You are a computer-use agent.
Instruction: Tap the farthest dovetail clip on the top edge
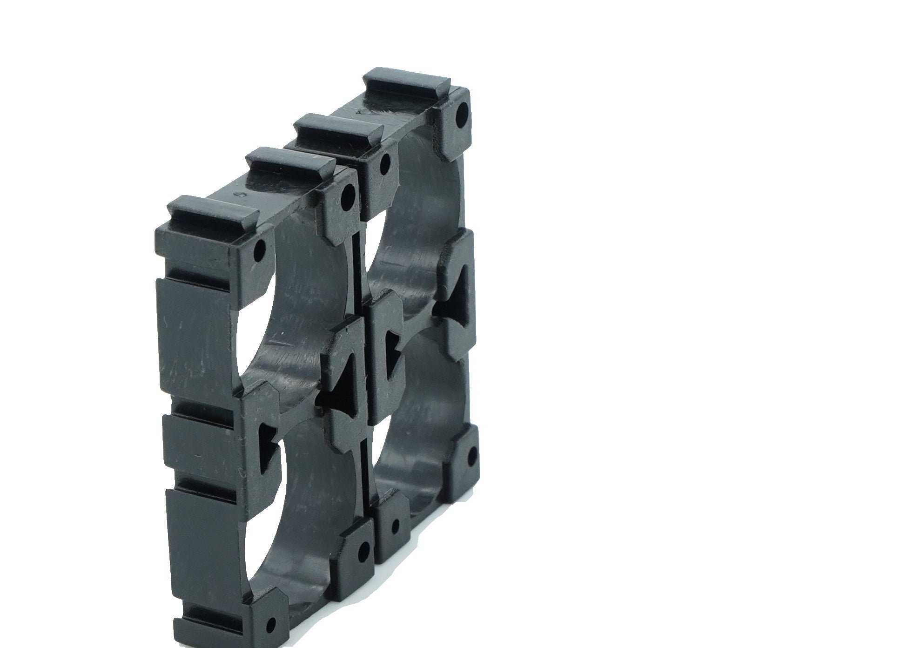[407, 87]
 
